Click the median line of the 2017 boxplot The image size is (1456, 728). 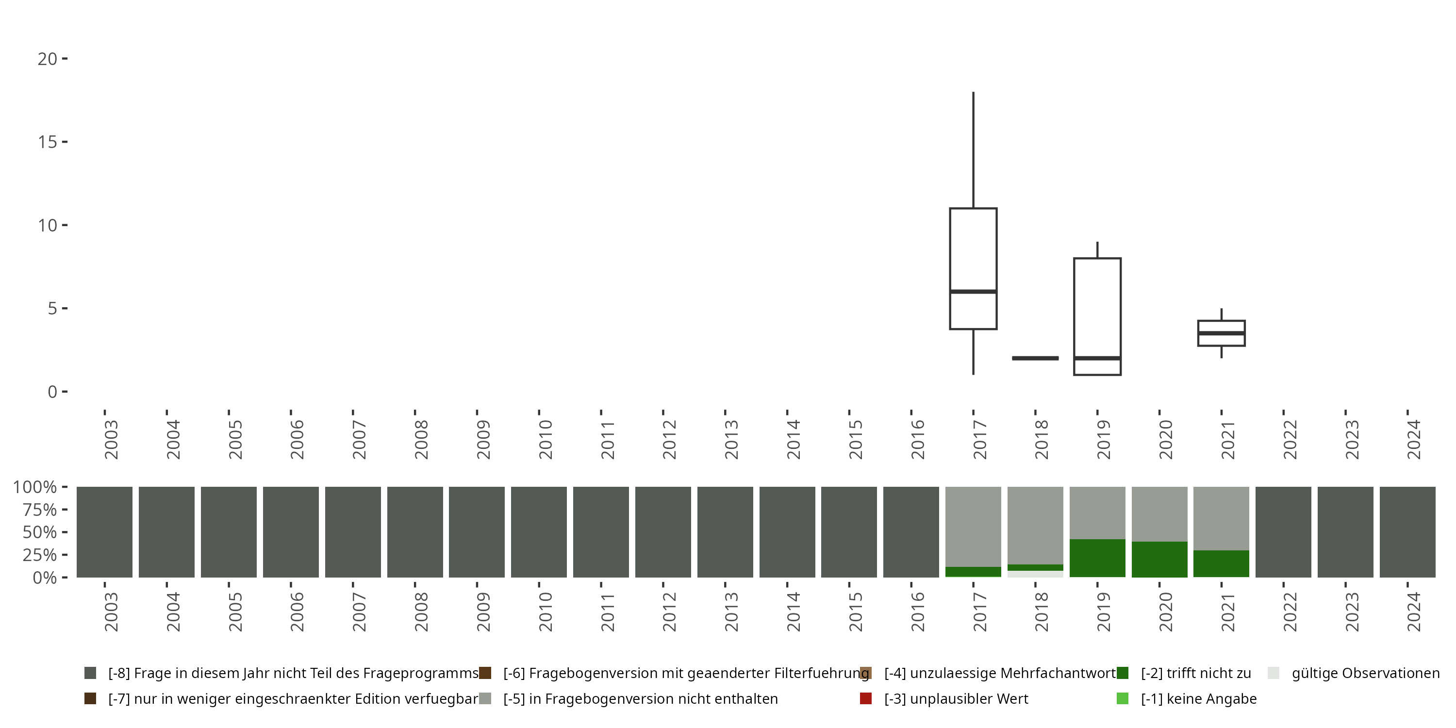(x=973, y=292)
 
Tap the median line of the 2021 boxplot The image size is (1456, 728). (x=1221, y=333)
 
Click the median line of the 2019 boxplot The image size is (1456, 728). (x=1097, y=358)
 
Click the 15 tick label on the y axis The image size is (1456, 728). (x=48, y=142)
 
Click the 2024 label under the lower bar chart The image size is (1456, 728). (x=1413, y=612)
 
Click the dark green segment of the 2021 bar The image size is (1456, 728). (x=1221, y=563)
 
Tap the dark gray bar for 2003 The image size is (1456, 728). (x=104, y=532)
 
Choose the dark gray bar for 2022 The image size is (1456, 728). (x=1283, y=532)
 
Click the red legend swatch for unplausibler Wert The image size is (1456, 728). (x=865, y=698)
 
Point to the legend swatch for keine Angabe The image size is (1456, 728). (x=1122, y=698)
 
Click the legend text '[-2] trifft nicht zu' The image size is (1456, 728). (x=1195, y=673)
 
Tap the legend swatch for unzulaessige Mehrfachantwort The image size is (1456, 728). (x=865, y=673)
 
